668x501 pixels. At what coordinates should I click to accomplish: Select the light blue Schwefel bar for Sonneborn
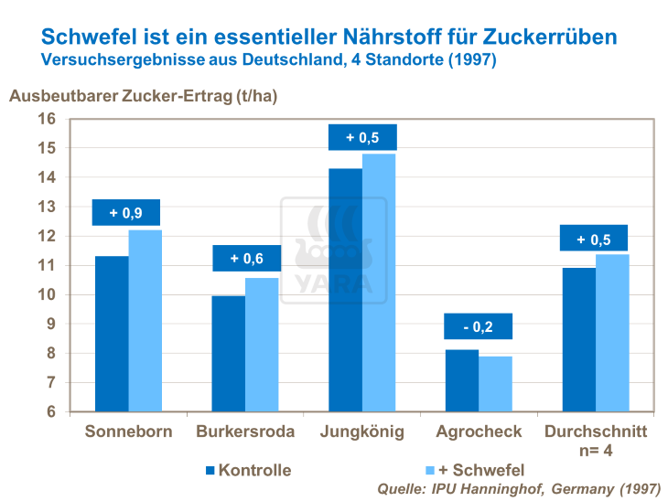145,321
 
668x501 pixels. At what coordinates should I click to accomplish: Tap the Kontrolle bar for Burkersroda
229,354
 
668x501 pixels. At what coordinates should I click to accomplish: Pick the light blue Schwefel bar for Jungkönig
379,282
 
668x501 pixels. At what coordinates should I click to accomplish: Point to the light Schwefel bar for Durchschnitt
612,333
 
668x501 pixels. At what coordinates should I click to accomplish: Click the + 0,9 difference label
126,213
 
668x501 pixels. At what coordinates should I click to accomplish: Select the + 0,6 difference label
246,259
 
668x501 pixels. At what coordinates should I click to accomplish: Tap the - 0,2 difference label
479,326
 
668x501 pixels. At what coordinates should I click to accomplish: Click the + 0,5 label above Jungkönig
362,138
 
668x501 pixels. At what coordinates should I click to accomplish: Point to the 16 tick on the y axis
48,119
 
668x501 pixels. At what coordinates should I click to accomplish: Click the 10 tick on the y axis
48,294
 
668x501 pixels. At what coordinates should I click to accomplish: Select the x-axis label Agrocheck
479,432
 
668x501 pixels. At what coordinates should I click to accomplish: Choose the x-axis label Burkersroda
245,432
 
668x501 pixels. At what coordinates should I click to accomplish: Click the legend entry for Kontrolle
248,470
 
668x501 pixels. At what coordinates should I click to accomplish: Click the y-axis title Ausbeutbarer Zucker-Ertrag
143,96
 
